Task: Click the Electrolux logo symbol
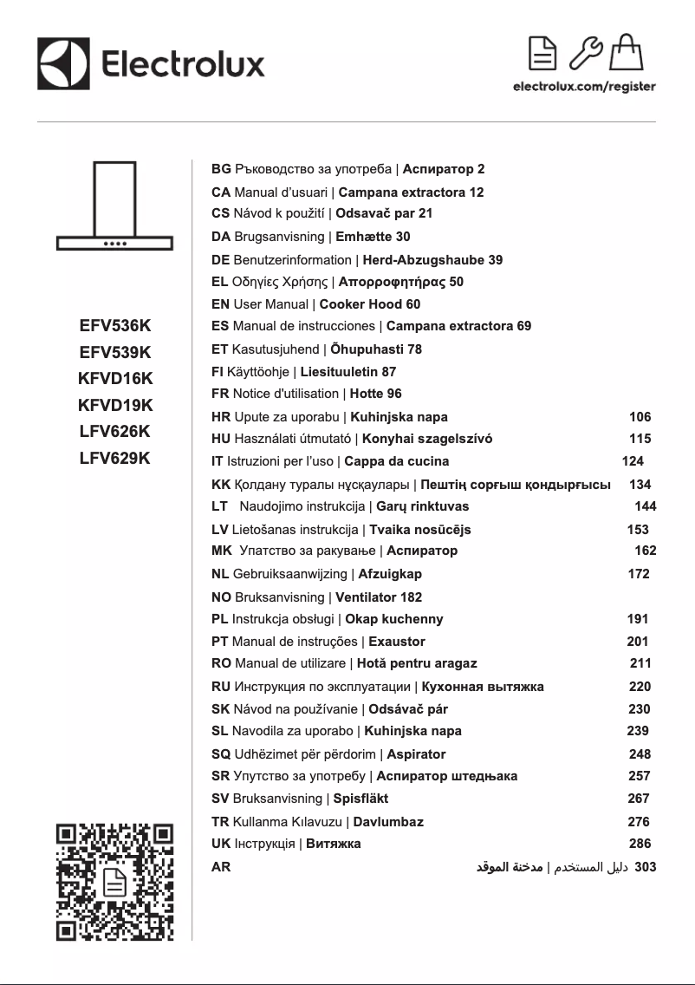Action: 63,63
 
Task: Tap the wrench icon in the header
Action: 587,54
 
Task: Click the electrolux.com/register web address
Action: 584,87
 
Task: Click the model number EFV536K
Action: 115,326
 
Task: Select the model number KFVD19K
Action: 115,405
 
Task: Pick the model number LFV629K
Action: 115,458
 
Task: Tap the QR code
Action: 115,882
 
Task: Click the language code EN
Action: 220,304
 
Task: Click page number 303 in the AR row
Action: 646,866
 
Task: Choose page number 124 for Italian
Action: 633,461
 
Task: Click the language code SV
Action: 220,799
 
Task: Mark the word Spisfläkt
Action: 360,799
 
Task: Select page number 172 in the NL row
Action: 638,574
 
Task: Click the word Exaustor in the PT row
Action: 397,642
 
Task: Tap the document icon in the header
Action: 543,54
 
